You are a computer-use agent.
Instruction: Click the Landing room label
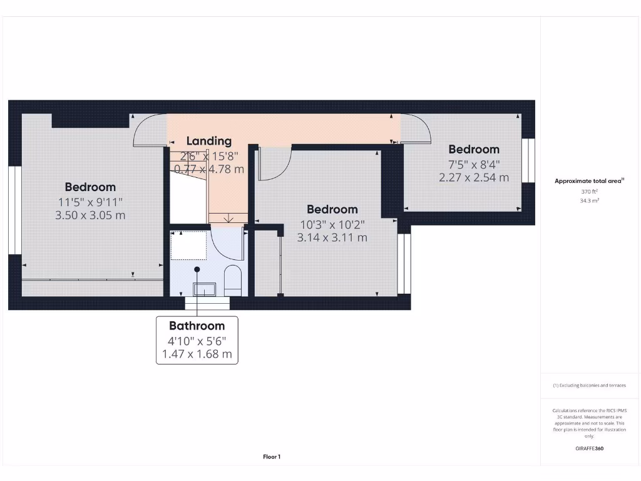208,142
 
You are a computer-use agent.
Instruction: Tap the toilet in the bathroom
233,279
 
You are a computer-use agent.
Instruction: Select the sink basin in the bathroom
204,289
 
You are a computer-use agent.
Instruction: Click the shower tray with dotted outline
189,246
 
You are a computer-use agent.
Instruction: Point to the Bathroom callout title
197,326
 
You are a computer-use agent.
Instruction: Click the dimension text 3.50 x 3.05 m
90,215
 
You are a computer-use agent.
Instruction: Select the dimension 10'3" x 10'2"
332,224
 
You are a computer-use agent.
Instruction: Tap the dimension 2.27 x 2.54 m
474,177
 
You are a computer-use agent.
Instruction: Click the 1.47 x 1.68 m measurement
197,354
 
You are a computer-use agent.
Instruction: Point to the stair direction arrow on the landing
228,218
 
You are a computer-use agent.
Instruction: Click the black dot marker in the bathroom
197,269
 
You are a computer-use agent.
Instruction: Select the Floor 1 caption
272,457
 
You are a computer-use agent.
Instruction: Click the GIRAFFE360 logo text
589,448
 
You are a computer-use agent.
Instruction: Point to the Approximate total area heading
588,181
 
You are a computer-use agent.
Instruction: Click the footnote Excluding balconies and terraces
589,386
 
